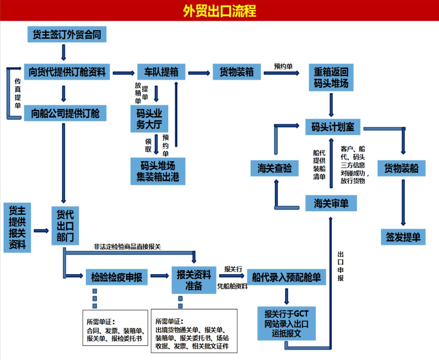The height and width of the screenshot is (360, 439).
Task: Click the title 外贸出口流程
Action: click(x=219, y=11)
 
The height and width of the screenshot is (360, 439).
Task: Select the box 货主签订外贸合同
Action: click(x=67, y=35)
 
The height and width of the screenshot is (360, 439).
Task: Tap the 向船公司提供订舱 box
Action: click(x=65, y=113)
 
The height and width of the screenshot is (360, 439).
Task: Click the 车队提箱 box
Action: click(x=161, y=72)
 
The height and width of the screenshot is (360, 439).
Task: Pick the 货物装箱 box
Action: click(x=236, y=72)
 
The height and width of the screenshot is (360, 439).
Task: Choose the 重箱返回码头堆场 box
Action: click(x=331, y=77)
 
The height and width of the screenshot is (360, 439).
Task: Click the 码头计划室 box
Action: click(x=333, y=127)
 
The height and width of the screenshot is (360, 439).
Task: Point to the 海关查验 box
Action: click(x=274, y=168)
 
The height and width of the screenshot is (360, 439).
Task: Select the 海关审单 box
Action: click(x=331, y=203)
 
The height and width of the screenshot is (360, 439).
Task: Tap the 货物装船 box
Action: click(x=401, y=168)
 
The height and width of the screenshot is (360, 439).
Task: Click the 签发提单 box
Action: click(x=403, y=237)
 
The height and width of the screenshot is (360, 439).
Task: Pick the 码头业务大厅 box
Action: click(x=149, y=119)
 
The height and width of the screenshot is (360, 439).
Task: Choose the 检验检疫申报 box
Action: click(x=116, y=278)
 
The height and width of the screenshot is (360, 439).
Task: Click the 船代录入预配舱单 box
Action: click(x=286, y=278)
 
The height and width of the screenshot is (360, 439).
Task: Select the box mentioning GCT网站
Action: click(x=286, y=323)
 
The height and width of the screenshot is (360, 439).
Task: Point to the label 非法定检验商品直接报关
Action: click(x=127, y=247)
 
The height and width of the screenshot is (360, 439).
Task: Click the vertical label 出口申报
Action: click(x=340, y=266)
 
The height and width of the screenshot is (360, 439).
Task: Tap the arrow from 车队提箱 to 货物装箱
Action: click(x=199, y=73)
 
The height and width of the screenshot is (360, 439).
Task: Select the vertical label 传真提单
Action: click(x=18, y=93)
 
